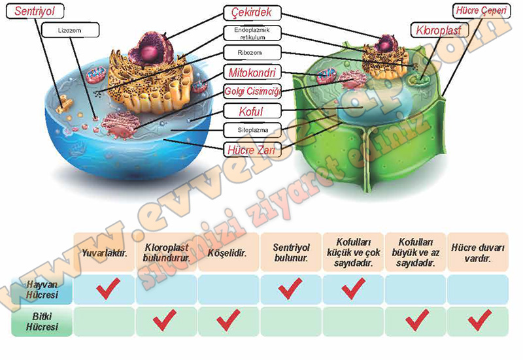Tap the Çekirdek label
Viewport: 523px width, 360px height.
point(252,12)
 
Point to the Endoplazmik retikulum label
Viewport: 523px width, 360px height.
point(252,33)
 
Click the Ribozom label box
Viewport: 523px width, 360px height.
point(252,52)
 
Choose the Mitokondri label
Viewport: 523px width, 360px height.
point(252,71)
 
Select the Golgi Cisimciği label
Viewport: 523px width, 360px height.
point(252,90)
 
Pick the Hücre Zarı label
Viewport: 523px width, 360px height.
point(252,150)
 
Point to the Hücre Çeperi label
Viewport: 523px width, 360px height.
point(480,10)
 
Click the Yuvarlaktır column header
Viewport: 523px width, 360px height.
point(104,252)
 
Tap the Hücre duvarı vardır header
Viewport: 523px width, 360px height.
point(479,252)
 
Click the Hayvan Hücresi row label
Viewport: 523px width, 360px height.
point(41,289)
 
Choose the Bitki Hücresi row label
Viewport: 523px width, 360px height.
point(41,321)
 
